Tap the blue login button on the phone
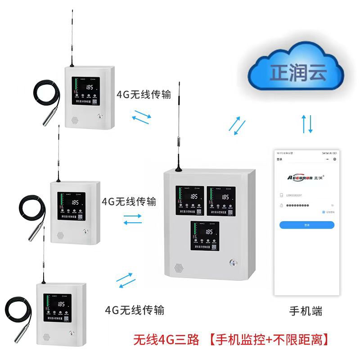pos(306,225)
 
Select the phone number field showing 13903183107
pos(302,196)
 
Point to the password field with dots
pos(300,205)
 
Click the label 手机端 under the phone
pos(306,311)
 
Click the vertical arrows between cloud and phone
pos(307,123)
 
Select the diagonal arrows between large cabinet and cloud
pos(237,124)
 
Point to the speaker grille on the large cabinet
pos(179,268)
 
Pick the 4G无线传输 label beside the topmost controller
pos(144,94)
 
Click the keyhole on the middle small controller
pos(85,232)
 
